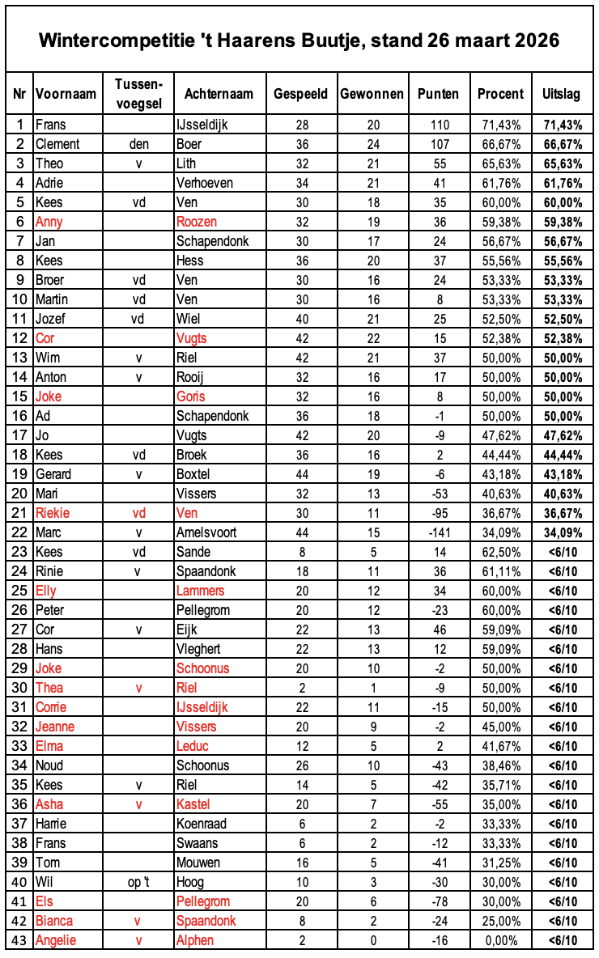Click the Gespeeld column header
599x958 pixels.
(x=300, y=94)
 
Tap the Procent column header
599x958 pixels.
(x=500, y=94)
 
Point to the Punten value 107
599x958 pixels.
(x=438, y=144)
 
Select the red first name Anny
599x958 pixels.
(x=49, y=222)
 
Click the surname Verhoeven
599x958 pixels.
(x=204, y=183)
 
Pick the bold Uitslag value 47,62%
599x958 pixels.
(x=561, y=435)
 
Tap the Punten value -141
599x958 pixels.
(x=438, y=532)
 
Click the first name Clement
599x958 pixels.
(x=57, y=144)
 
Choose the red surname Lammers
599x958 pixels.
(x=201, y=591)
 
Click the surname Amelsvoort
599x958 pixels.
(x=207, y=532)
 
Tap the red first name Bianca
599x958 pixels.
(x=54, y=921)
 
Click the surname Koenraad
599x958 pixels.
(x=200, y=824)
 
